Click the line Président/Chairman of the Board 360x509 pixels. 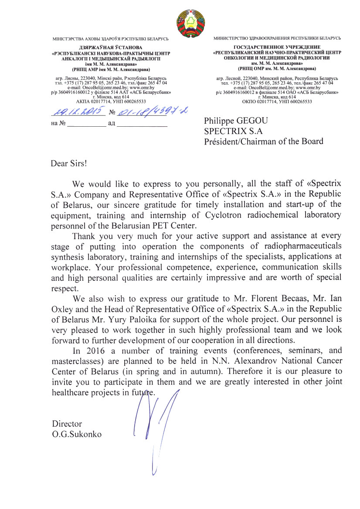tap(264, 141)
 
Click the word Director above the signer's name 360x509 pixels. tap(67, 424)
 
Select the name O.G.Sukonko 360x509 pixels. tap(77, 434)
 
